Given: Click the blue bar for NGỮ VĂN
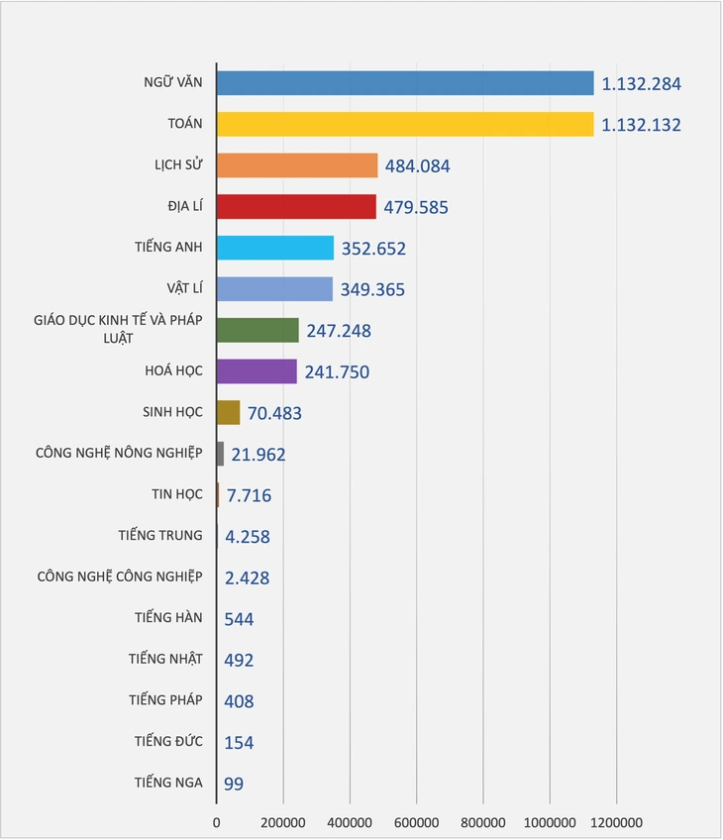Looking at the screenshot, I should [404, 83].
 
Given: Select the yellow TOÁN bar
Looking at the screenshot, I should [404, 124].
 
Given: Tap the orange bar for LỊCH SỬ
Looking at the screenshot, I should [296, 165].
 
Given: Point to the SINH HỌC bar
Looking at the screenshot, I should [228, 412].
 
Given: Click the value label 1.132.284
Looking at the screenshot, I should [642, 84].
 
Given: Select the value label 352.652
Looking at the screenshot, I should [372, 249].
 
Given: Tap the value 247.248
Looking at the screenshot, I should [338, 331].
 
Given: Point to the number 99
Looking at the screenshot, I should [235, 784].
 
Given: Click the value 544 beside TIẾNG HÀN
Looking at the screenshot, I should [240, 619].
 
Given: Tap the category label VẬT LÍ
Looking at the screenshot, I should [184, 288].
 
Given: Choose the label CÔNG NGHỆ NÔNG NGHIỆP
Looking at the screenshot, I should [119, 453].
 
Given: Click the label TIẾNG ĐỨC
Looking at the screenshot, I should [168, 741].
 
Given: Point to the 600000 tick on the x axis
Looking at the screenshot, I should [416, 823].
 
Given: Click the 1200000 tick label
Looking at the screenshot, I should [616, 823].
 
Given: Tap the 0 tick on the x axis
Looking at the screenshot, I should [217, 823].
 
